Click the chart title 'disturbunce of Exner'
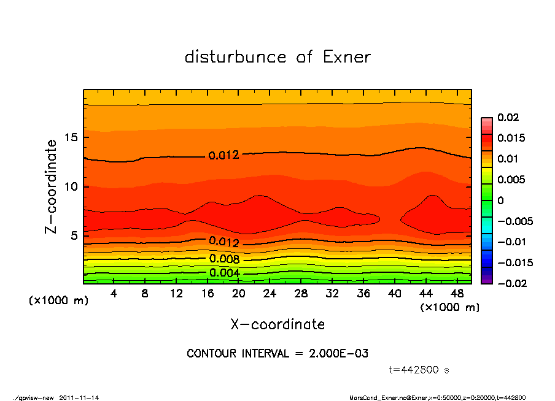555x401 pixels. (x=277, y=57)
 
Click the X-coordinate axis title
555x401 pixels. (x=277, y=324)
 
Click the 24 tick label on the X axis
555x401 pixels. (x=270, y=294)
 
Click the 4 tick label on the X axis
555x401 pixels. (x=114, y=294)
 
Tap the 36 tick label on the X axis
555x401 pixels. (x=363, y=294)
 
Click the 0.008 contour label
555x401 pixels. (x=223, y=259)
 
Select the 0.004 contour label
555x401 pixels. (x=223, y=273)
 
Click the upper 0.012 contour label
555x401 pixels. (x=223, y=156)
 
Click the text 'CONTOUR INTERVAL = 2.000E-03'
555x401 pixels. (x=277, y=354)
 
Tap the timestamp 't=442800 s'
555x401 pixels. (x=420, y=370)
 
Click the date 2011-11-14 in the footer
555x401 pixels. (x=79, y=397)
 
